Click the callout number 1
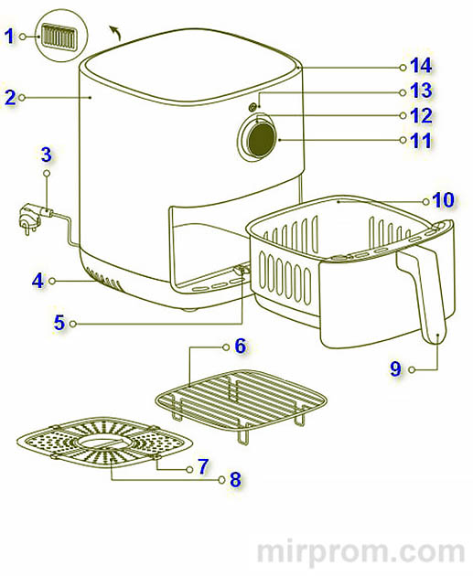(x=9, y=36)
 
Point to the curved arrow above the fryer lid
(x=115, y=32)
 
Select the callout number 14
(x=421, y=66)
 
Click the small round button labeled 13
(x=253, y=107)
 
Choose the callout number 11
(x=421, y=141)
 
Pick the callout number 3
(x=47, y=155)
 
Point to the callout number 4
(x=38, y=282)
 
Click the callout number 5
(x=59, y=323)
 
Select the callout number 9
(x=395, y=368)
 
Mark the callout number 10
(x=443, y=200)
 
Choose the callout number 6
(x=241, y=346)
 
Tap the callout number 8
(x=235, y=480)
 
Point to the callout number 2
(x=10, y=98)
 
